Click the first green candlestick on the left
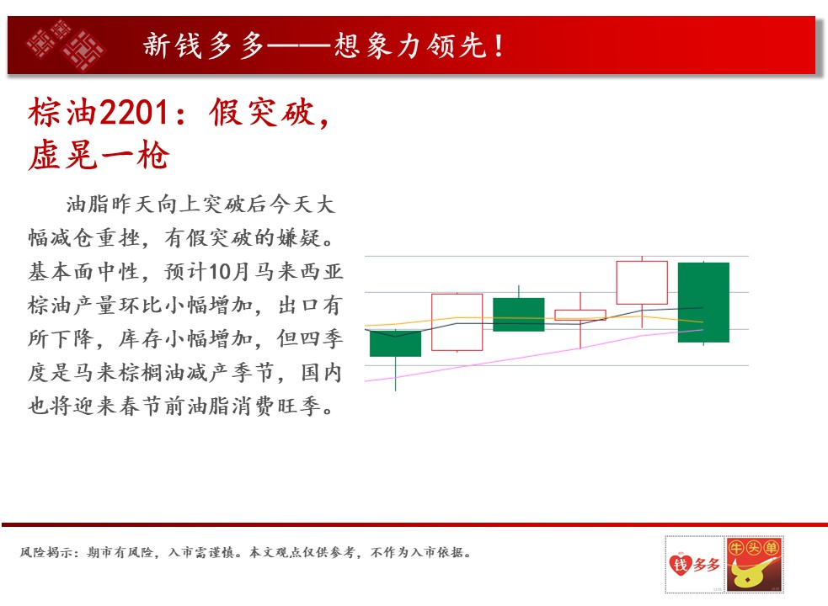pyautogui.click(x=396, y=343)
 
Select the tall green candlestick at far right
pyautogui.click(x=703, y=302)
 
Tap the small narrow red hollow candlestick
pyautogui.click(x=580, y=315)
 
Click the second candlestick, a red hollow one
pyautogui.click(x=457, y=322)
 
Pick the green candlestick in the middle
pyautogui.click(x=519, y=315)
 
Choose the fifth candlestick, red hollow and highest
pyautogui.click(x=642, y=283)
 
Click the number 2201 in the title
pyautogui.click(x=134, y=113)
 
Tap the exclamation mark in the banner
pyautogui.click(x=499, y=45)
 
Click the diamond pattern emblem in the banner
pyautogui.click(x=66, y=45)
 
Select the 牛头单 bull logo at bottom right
pyautogui.click(x=754, y=564)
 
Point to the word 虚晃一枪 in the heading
pyautogui.click(x=99, y=156)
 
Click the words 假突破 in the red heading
pyautogui.click(x=262, y=113)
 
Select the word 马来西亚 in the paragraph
pyautogui.click(x=299, y=272)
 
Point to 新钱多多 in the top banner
pyautogui.click(x=204, y=45)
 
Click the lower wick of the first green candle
pyautogui.click(x=396, y=374)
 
